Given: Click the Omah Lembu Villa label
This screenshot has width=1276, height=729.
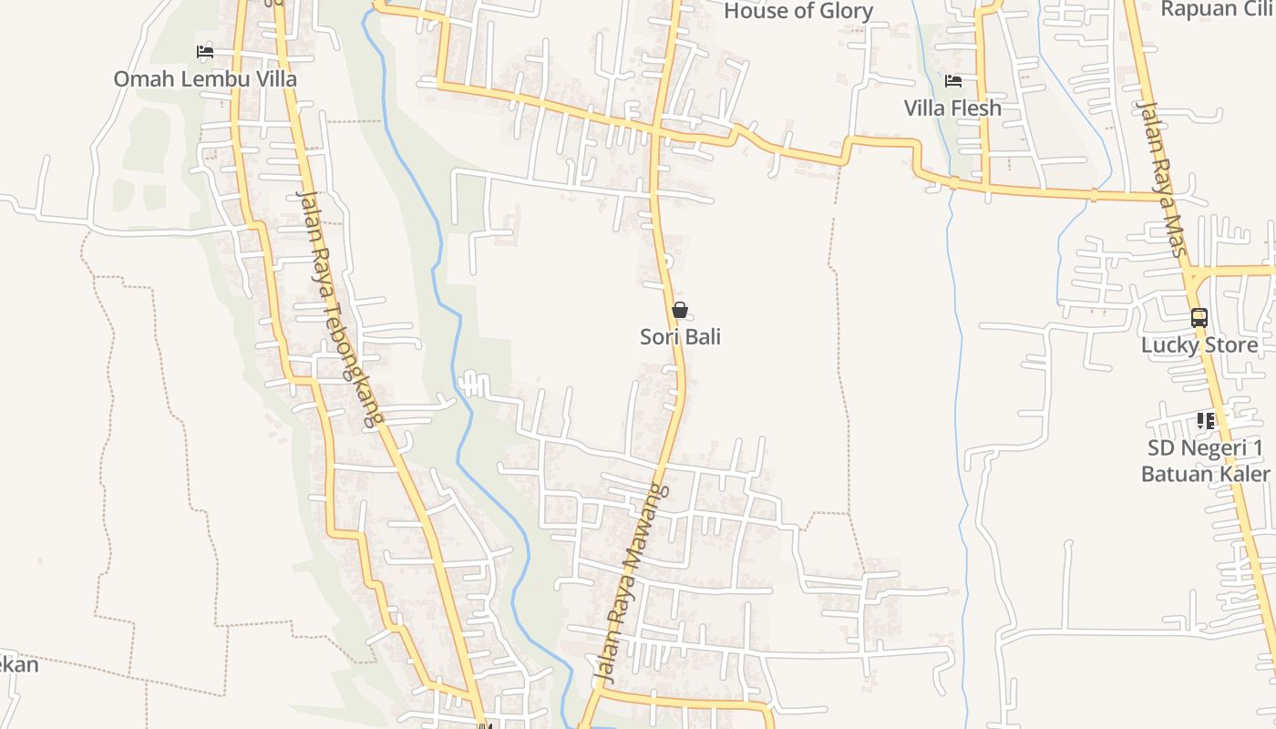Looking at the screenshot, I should coord(205,79).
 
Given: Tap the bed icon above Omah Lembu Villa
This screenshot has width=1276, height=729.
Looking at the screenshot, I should coord(205,51).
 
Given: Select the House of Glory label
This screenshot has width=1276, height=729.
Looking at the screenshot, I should coord(798,11).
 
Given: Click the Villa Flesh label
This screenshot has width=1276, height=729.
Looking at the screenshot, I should coord(952,108).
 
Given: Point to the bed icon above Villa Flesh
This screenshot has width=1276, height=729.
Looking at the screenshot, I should coord(953,80).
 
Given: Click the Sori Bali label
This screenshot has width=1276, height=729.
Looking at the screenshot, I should coord(680,336).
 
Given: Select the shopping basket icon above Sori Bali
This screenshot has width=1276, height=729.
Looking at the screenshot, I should coord(680,310).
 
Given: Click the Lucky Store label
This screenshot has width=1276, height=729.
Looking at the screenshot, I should coord(1199,345).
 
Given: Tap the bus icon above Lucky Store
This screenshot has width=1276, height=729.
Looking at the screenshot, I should coord(1199,318).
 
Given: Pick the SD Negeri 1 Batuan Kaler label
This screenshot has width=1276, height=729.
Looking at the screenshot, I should coord(1205,460).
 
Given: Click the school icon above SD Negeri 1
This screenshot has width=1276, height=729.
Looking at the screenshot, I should coord(1206,420).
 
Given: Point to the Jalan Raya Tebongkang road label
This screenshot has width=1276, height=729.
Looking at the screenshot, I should coord(338,310).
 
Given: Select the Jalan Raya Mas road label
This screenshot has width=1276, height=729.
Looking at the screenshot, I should coord(1161,178).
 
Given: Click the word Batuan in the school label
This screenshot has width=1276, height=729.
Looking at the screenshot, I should coord(1178,474).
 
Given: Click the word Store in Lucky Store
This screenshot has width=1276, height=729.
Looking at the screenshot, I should coord(1230,345).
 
